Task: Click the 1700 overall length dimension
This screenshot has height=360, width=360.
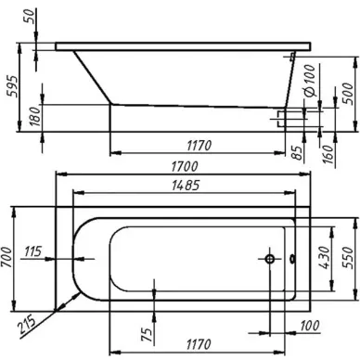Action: pos(185,167)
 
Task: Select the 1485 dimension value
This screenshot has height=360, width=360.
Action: pos(186,186)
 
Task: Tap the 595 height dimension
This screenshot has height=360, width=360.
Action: pos(13,85)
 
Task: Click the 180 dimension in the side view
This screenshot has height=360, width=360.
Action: pos(35,116)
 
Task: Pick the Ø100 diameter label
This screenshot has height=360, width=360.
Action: pos(309,80)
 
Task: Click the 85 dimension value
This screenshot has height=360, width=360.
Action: pos(297,152)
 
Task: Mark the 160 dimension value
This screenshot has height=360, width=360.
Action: pos(328,154)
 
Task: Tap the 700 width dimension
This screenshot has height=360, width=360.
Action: pos(7,258)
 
